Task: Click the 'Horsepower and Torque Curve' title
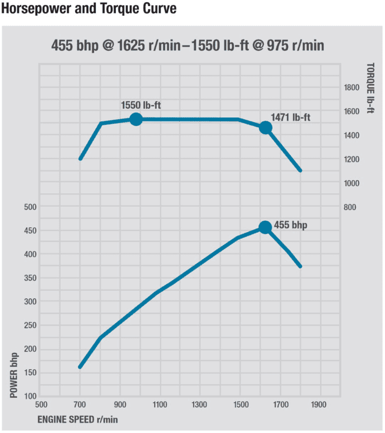[x=89, y=9]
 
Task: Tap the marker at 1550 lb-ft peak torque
[x=136, y=119]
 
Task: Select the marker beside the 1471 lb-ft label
[x=265, y=128]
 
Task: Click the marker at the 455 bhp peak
[x=265, y=227]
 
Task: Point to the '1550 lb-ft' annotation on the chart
[x=140, y=105]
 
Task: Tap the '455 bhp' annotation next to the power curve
[x=290, y=225]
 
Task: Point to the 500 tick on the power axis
[x=30, y=207]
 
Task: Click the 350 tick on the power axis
[x=30, y=278]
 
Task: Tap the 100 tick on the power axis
[x=30, y=397]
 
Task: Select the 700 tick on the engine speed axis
[x=80, y=404]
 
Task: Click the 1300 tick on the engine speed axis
[x=200, y=404]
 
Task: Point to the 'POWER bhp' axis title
[x=15, y=373]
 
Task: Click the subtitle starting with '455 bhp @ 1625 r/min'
[x=188, y=45]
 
